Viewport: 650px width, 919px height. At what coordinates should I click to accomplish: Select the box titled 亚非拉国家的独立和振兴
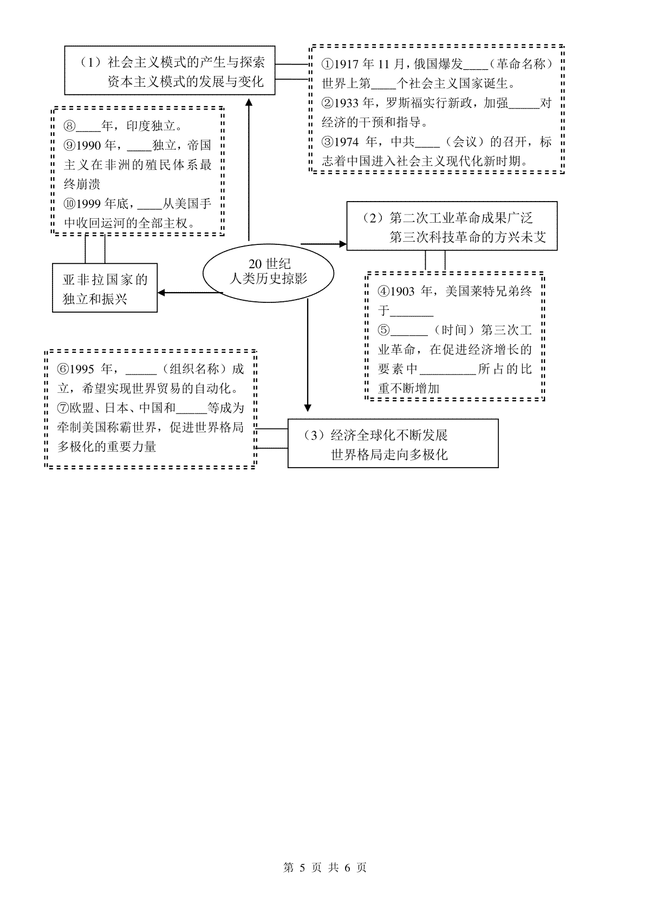(x=105, y=288)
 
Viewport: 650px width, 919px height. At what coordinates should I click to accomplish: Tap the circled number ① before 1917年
(x=327, y=64)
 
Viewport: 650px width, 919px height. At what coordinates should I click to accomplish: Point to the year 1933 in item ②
(x=346, y=103)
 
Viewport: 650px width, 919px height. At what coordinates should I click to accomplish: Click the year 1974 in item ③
(x=346, y=142)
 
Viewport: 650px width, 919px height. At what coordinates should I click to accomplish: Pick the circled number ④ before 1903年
(x=383, y=292)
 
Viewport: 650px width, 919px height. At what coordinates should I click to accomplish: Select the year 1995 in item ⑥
(x=82, y=369)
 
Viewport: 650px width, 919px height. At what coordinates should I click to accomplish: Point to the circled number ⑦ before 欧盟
(x=63, y=408)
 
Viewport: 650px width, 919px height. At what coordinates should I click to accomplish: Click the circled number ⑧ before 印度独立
(x=69, y=126)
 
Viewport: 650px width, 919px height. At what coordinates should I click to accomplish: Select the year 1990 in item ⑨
(x=88, y=146)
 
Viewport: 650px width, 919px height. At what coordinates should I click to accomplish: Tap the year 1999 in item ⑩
(x=88, y=204)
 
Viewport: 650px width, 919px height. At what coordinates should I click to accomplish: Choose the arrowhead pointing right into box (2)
(x=342, y=244)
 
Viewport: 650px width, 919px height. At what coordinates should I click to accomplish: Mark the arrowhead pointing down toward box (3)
(x=308, y=407)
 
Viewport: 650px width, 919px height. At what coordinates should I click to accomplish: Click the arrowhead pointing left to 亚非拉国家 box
(x=162, y=293)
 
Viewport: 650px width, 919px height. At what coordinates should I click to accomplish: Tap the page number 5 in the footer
(x=303, y=868)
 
